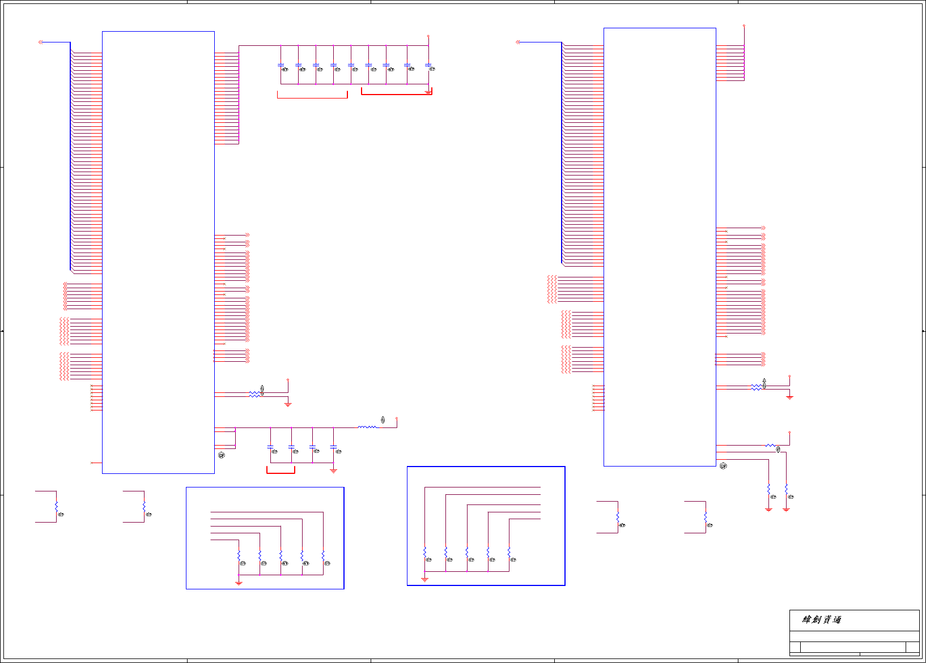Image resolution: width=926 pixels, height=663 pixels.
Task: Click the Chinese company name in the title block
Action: coord(821,619)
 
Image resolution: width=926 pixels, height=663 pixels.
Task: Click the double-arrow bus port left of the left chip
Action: coord(40,42)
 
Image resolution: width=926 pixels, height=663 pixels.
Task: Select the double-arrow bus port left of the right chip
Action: coord(518,42)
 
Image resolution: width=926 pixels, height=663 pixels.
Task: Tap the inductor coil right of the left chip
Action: coord(367,427)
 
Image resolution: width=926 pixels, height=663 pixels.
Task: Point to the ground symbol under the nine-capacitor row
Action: coord(428,91)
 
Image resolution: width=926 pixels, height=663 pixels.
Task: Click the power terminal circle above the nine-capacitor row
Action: coord(428,36)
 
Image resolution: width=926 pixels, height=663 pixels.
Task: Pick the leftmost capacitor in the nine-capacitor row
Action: coord(281,65)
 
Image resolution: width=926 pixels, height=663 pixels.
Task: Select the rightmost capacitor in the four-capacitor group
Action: coord(333,447)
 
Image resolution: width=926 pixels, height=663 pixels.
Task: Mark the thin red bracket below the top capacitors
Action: coord(312,97)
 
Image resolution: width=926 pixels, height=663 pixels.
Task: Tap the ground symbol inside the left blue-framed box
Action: coord(239,582)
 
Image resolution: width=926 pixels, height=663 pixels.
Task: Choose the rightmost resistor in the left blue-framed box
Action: coord(323,555)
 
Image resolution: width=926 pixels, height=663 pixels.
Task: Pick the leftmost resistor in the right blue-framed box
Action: coord(424,552)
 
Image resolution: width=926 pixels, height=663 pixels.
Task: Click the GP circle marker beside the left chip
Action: coord(222,455)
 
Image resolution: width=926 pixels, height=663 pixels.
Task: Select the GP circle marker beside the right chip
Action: coord(723,466)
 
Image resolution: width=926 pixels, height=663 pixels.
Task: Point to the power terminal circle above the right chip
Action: coord(744,26)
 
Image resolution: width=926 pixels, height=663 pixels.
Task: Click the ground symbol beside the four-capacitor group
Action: coord(333,470)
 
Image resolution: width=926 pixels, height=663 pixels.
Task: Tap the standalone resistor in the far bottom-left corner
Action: coord(56,506)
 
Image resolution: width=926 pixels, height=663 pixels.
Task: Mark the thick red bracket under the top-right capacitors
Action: coord(397,93)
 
